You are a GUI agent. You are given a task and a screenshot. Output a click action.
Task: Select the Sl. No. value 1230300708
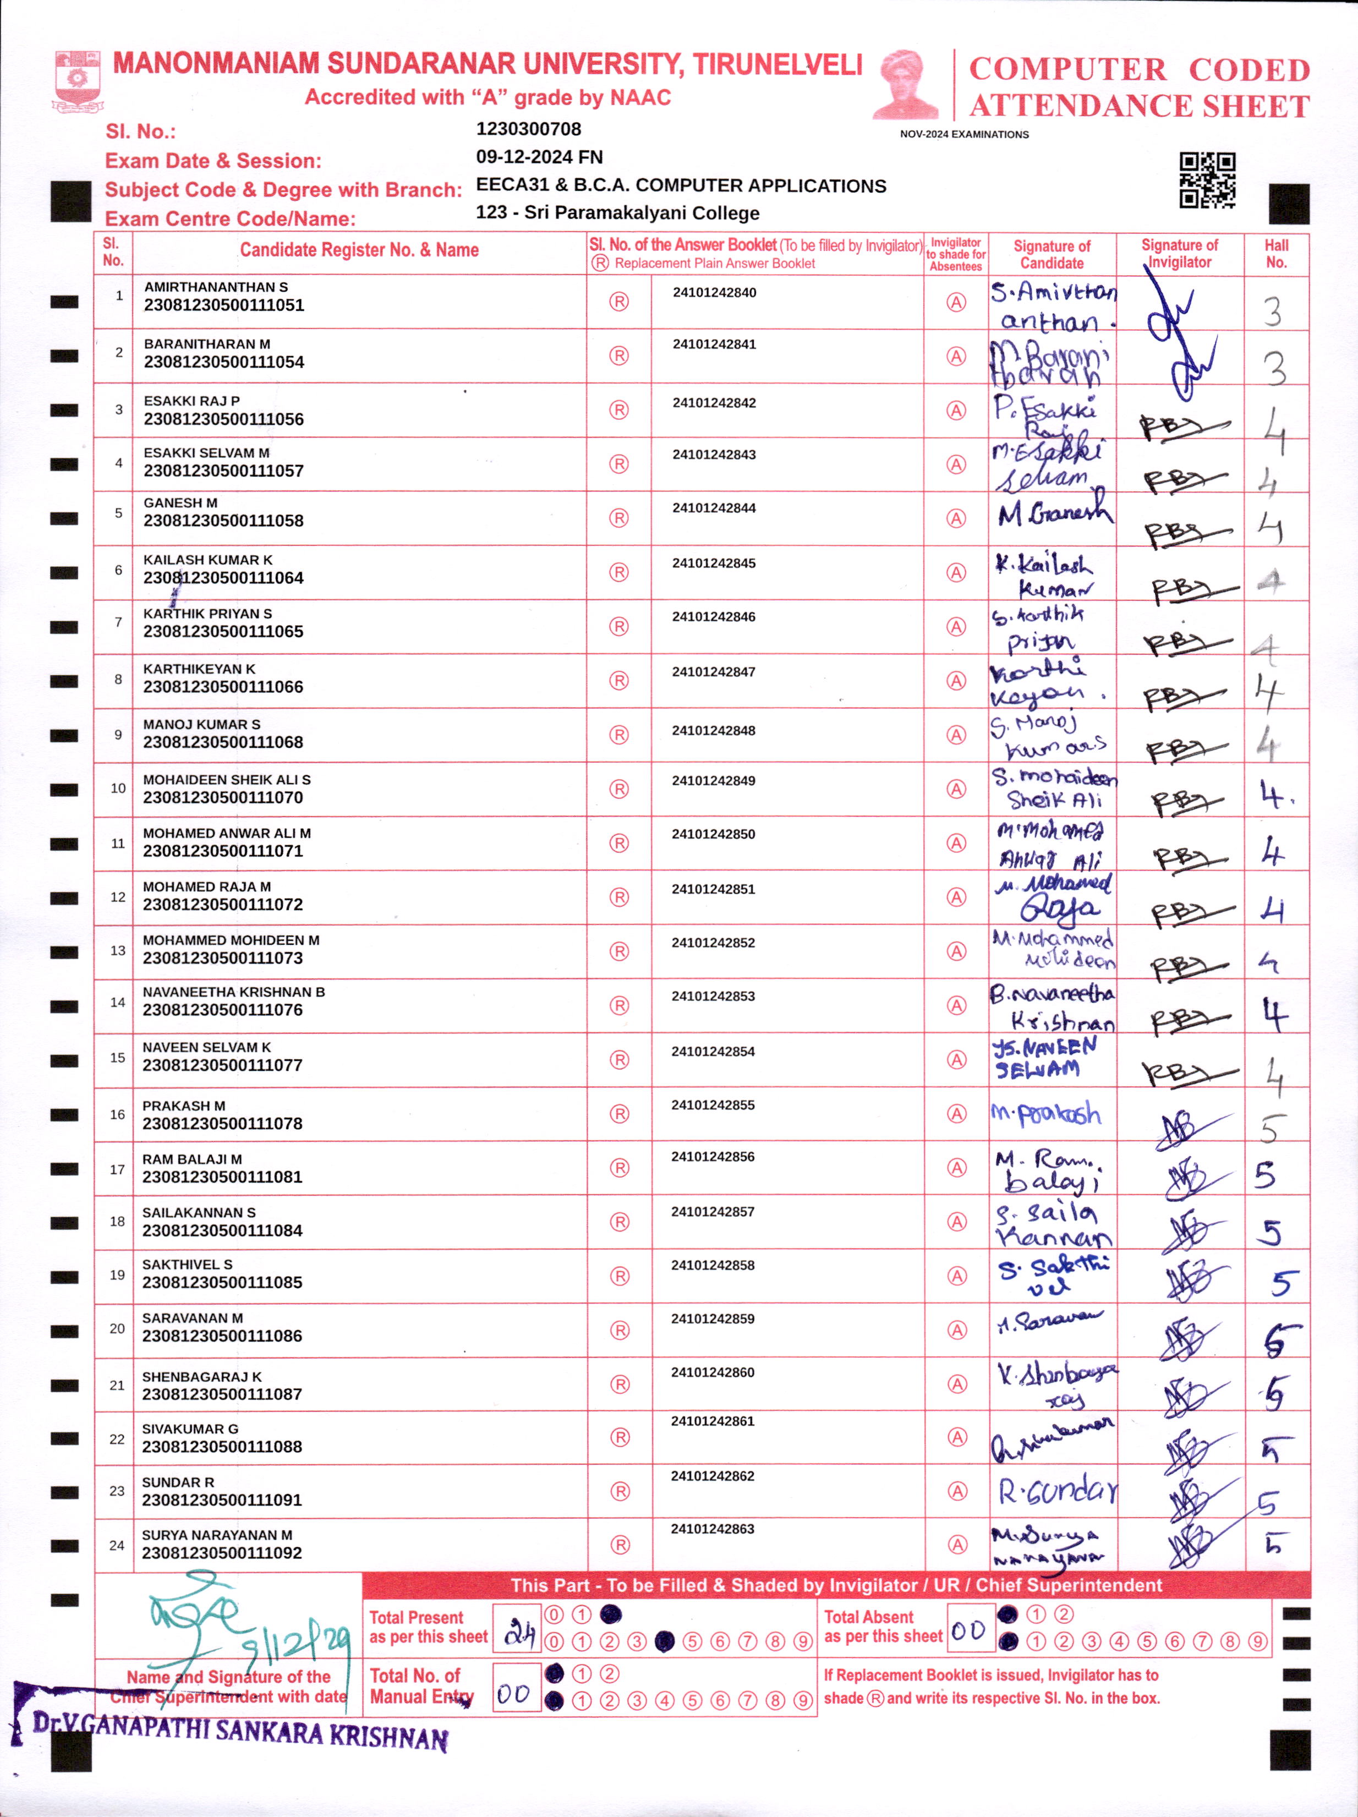[528, 129]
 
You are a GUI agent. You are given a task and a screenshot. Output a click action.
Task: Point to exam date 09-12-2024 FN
[539, 157]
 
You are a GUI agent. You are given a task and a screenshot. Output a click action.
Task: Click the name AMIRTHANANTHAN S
[216, 287]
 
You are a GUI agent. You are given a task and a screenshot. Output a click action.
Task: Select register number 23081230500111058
[223, 521]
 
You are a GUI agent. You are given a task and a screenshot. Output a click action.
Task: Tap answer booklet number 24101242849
[713, 780]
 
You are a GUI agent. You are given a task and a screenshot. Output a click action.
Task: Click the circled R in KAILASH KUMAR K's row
[618, 572]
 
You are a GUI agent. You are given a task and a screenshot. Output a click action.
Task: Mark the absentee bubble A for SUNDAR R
[957, 1491]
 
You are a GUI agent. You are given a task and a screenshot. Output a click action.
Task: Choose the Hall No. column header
[1276, 254]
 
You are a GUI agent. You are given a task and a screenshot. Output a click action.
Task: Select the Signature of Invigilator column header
[1179, 254]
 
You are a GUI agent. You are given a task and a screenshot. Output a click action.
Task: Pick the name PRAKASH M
[183, 1105]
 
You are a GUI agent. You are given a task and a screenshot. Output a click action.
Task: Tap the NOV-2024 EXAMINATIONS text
[963, 134]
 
